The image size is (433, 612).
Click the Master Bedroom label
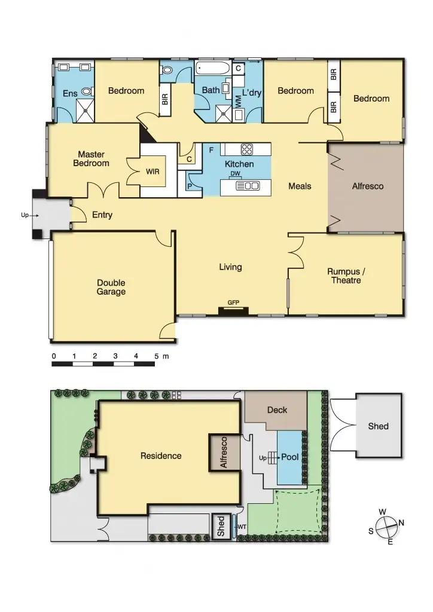[x=91, y=159]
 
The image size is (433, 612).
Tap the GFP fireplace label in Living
[x=233, y=303]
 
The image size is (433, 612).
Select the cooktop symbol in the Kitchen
[x=248, y=149]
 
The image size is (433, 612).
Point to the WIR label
[x=153, y=172]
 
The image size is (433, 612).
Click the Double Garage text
[x=112, y=287]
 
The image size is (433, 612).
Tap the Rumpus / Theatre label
[x=346, y=276]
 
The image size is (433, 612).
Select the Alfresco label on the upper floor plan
[x=367, y=186]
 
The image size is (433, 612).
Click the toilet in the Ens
[x=87, y=92]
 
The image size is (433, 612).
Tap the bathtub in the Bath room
[x=212, y=69]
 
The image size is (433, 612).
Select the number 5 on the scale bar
[x=157, y=356]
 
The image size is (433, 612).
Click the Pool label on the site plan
[x=289, y=457]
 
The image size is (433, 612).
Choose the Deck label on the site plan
[x=277, y=410]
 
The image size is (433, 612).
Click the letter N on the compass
[x=401, y=523]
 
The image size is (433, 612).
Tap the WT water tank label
[x=242, y=527]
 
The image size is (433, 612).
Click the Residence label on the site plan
[x=161, y=456]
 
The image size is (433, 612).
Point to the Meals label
[x=300, y=186]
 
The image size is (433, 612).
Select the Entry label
[x=102, y=215]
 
